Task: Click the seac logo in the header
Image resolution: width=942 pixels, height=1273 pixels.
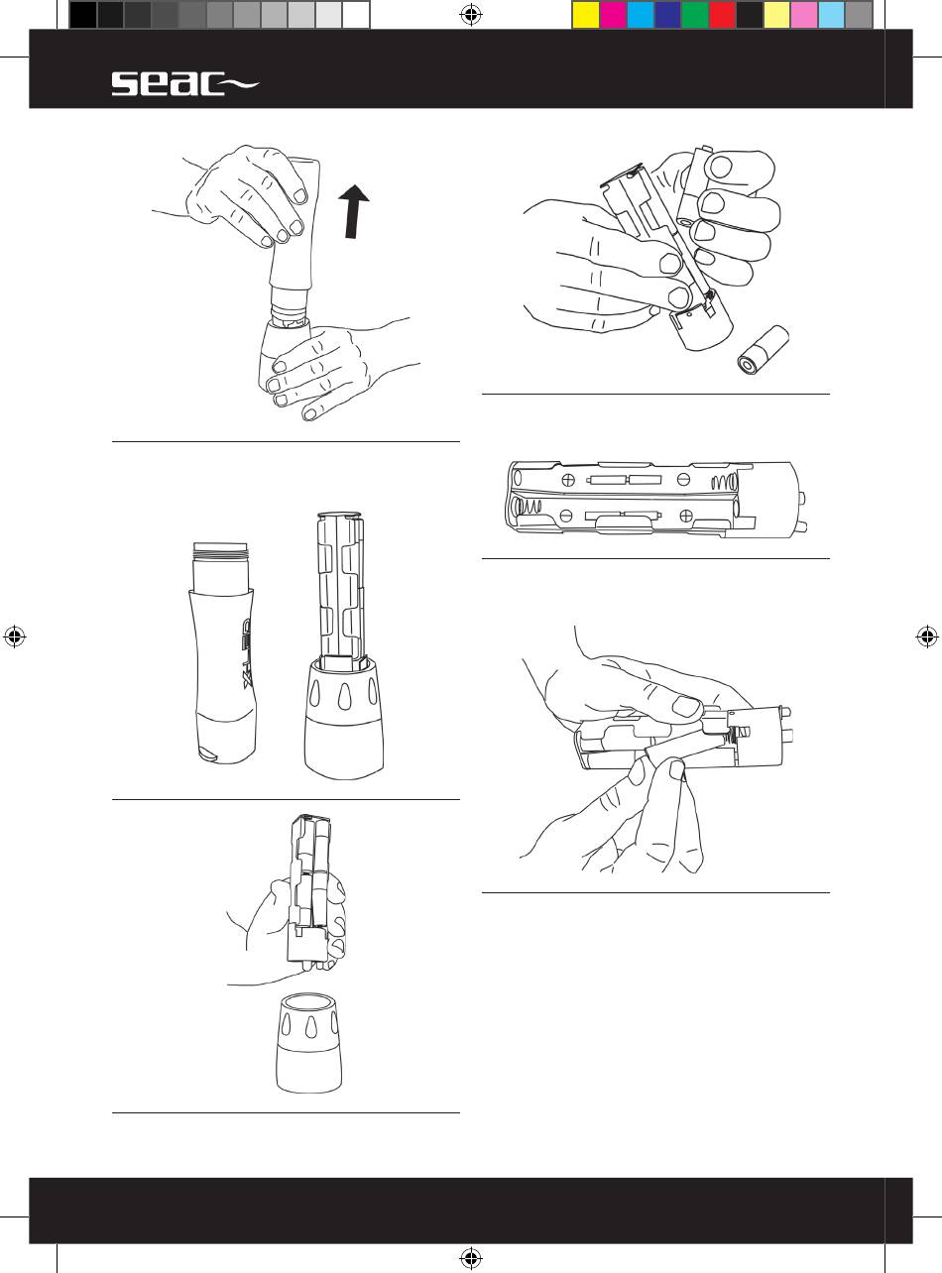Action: [184, 84]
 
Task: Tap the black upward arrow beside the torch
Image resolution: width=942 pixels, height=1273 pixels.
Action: [353, 211]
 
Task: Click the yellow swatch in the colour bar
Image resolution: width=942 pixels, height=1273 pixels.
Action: [586, 15]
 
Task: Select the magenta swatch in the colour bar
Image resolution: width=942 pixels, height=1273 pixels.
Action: [613, 15]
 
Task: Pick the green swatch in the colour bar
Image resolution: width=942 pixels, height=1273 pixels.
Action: [694, 15]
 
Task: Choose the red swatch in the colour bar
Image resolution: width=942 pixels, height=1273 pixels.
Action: [722, 15]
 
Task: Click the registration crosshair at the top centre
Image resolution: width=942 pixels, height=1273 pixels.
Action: [471, 15]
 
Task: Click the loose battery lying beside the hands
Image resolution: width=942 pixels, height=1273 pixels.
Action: [763, 350]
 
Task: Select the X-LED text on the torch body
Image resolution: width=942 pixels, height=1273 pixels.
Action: [247, 653]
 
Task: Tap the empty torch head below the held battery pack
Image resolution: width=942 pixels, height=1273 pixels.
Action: [308, 1043]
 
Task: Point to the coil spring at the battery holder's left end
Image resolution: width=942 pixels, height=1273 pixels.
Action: [526, 507]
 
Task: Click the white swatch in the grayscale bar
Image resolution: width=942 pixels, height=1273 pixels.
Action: [356, 15]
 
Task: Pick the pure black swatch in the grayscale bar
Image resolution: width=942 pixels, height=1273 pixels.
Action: [83, 15]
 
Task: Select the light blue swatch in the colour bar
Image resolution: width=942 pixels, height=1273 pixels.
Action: [831, 15]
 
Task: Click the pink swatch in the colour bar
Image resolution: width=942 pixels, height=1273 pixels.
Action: [803, 15]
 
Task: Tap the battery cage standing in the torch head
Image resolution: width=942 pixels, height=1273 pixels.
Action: [340, 591]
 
